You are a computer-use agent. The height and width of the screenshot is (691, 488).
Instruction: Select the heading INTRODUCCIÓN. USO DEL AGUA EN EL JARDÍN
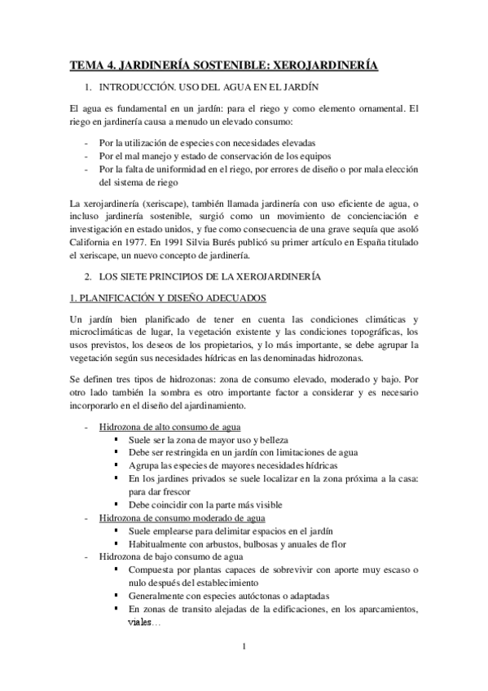207,86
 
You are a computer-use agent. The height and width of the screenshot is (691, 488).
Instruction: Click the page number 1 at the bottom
244,648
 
